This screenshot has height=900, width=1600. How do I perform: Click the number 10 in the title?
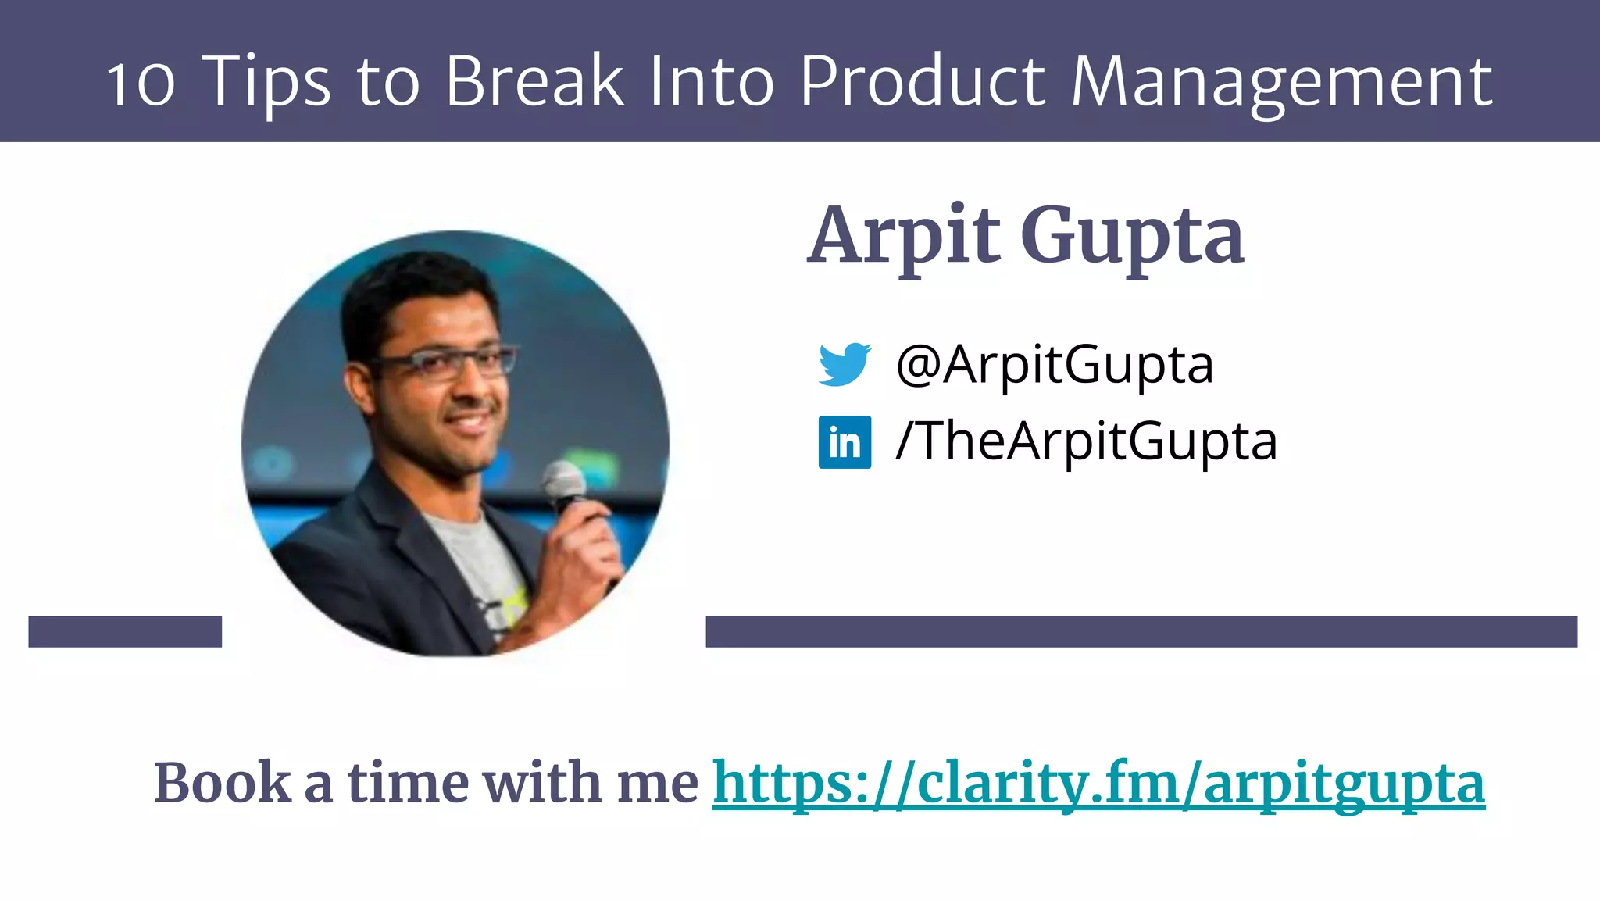(141, 82)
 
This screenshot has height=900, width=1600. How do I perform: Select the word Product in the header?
(923, 80)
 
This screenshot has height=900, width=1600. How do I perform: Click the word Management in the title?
(1281, 82)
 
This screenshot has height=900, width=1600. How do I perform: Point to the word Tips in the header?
(266, 82)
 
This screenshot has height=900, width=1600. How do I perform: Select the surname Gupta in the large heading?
(1132, 236)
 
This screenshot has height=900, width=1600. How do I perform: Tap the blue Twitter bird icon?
(845, 364)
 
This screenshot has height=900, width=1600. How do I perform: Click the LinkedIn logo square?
(845, 441)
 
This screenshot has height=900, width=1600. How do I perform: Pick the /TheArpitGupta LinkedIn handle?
(1086, 441)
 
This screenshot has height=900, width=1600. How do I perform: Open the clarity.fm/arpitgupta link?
(1098, 783)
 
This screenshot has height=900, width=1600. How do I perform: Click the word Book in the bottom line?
(223, 783)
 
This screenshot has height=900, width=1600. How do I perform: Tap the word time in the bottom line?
(406, 783)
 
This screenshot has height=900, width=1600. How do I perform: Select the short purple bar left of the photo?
(125, 631)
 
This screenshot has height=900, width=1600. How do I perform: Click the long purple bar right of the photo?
(1141, 631)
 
